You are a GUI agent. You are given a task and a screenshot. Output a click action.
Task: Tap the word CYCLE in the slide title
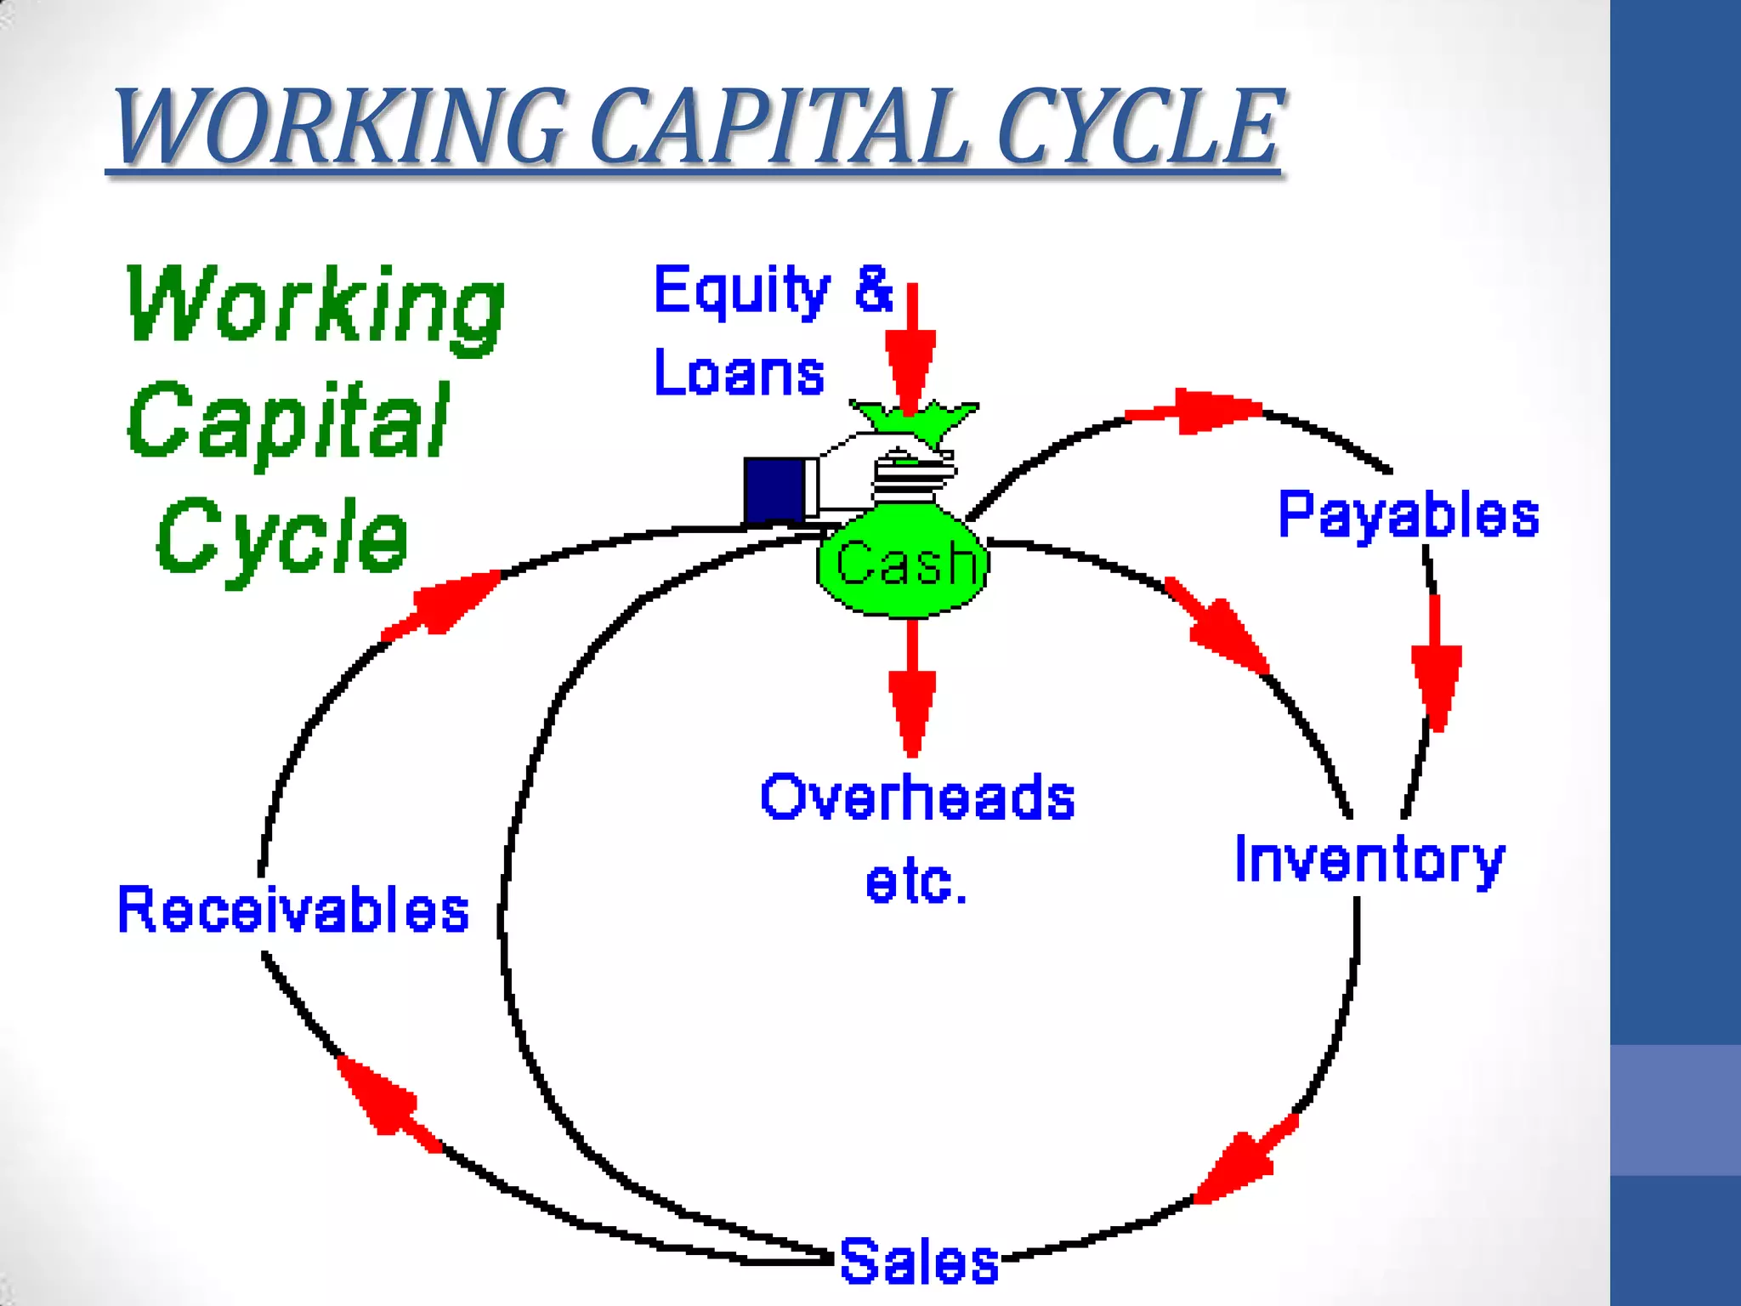[x=1139, y=128]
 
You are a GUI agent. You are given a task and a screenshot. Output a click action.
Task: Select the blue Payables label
[x=1409, y=515]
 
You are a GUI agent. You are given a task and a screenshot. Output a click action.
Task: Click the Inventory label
[x=1369, y=860]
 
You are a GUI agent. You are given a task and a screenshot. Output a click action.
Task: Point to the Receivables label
[x=293, y=910]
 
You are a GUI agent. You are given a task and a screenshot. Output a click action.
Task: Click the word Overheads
[x=918, y=798]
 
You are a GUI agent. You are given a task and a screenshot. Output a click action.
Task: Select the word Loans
[x=739, y=373]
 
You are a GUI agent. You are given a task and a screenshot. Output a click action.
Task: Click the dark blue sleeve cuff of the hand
[x=775, y=490]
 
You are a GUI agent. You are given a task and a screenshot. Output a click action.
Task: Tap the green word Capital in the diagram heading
[x=289, y=421]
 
